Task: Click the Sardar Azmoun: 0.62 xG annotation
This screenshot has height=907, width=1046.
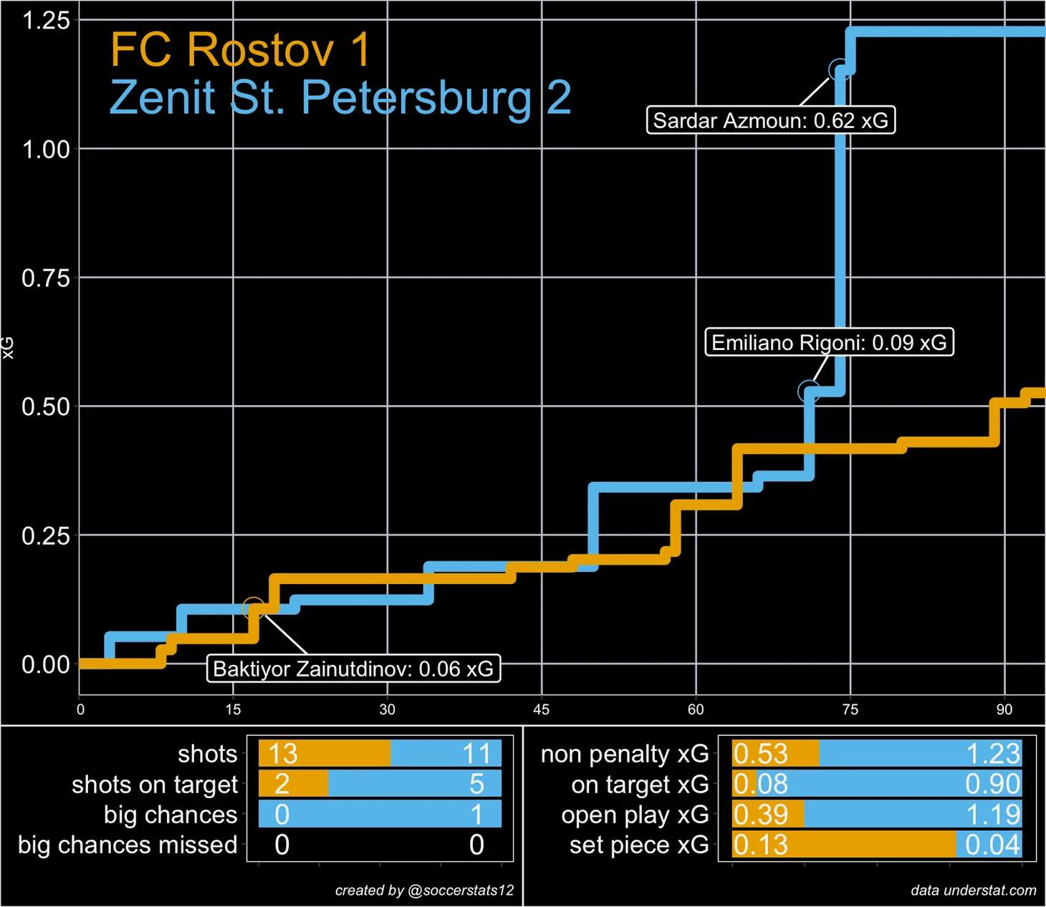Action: (770, 120)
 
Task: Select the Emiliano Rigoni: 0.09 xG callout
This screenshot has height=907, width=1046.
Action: (829, 343)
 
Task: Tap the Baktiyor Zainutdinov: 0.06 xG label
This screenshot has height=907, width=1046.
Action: (353, 669)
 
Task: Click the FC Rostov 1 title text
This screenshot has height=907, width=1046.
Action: (241, 50)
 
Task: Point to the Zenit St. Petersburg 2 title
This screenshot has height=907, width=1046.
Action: (340, 97)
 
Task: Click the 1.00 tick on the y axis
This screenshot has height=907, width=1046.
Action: (46, 150)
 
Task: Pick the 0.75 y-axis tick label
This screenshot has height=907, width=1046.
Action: (46, 278)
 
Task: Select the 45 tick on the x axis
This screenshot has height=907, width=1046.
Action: (541, 709)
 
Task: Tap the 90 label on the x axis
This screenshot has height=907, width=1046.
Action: (1004, 709)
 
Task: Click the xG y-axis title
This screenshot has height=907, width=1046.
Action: (8, 347)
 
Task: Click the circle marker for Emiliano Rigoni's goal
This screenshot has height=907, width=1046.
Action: (808, 392)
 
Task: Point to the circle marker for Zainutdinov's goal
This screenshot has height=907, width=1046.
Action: (253, 609)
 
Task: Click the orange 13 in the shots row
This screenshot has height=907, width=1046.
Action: (283, 754)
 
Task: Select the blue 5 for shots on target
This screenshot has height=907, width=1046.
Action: (476, 785)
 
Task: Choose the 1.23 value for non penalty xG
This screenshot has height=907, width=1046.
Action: (992, 754)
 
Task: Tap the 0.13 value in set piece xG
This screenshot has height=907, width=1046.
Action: (761, 845)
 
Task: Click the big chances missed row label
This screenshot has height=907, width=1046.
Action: (128, 845)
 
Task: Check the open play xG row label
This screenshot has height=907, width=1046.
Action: (635, 815)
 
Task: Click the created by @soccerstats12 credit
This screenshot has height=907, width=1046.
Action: (424, 891)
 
